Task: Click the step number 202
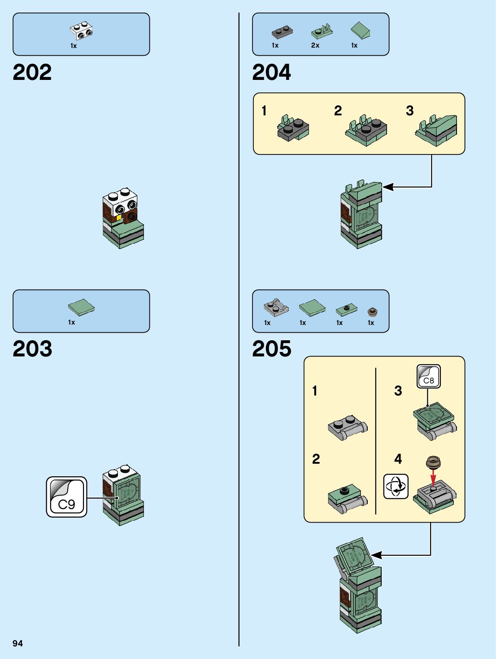pyautogui.click(x=32, y=72)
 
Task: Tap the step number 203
pyautogui.click(x=32, y=349)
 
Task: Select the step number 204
pyautogui.click(x=271, y=72)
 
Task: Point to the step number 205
pyautogui.click(x=271, y=349)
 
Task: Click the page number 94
pyautogui.click(x=17, y=643)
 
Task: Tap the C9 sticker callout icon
pyautogui.click(x=66, y=497)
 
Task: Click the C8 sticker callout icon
pyautogui.click(x=428, y=376)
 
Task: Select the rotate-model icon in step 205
pyautogui.click(x=396, y=486)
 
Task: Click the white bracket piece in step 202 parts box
pyautogui.click(x=82, y=31)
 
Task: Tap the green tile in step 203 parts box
pyautogui.click(x=82, y=307)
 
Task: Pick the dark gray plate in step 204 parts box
pyautogui.click(x=282, y=32)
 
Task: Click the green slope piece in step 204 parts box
pyautogui.click(x=360, y=31)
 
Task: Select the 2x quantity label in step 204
pyautogui.click(x=315, y=45)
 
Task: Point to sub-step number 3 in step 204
pyautogui.click(x=409, y=111)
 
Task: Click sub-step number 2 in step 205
pyautogui.click(x=316, y=459)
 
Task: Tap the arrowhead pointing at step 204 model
pyautogui.click(x=387, y=187)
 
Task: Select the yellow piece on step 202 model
pyautogui.click(x=119, y=218)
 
